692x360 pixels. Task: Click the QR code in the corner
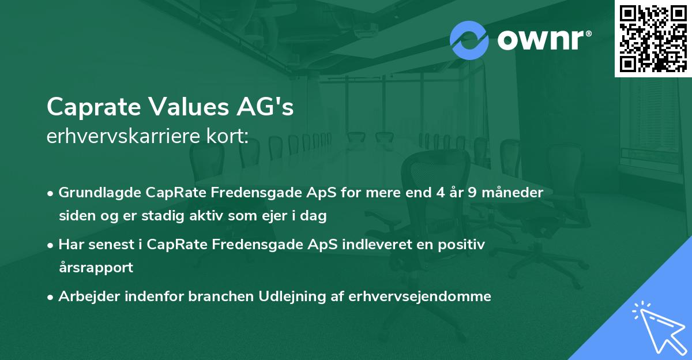click(x=653, y=38)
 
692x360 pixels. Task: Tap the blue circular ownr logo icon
click(x=469, y=40)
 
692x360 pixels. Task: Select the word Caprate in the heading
click(x=92, y=107)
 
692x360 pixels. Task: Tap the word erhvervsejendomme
click(x=422, y=297)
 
